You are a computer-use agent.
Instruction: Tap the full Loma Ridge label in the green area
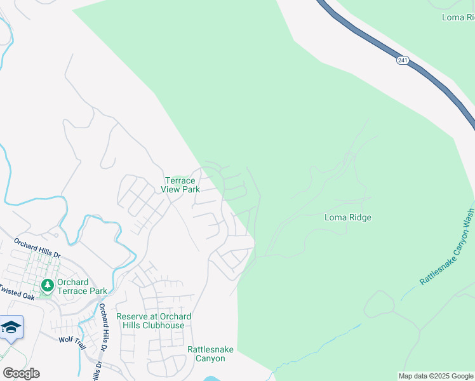tap(347, 217)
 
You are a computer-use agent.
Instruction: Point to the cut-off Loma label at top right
tap(458, 18)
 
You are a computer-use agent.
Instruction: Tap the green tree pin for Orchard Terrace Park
tap(46, 286)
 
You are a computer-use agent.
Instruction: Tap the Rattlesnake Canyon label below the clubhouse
tap(206, 354)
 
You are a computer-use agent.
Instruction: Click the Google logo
tap(21, 373)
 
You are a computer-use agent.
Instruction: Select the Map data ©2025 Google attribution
tap(436, 376)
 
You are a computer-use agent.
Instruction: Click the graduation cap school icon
tap(11, 327)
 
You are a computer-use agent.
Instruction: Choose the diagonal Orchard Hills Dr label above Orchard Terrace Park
tap(37, 249)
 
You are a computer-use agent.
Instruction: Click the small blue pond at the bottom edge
tap(211, 379)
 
